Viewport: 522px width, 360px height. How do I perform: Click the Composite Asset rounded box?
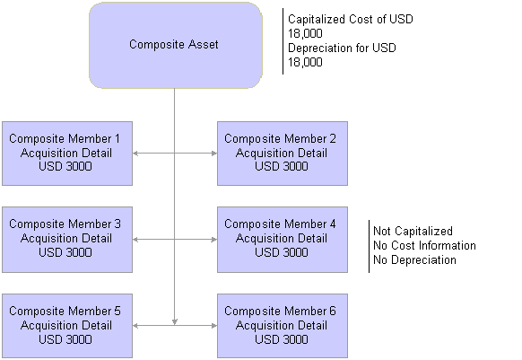(x=176, y=45)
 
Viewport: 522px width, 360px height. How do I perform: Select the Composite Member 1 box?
(x=67, y=154)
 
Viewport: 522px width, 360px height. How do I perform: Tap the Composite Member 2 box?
(x=283, y=154)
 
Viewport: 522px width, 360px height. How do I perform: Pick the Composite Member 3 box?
(x=67, y=240)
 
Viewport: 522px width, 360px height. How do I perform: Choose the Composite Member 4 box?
(x=283, y=240)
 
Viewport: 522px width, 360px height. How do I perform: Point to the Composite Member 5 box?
(x=67, y=326)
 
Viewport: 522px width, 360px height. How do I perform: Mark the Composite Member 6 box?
(x=283, y=326)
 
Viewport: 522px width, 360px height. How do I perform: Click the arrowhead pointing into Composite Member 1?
(x=135, y=154)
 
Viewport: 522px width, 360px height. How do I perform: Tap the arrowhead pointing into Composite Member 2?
(x=214, y=154)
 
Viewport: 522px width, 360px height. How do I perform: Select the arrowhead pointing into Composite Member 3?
(x=135, y=240)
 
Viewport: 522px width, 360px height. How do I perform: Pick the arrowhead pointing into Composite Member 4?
(x=214, y=240)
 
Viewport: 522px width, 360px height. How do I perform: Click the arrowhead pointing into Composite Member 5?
(x=135, y=325)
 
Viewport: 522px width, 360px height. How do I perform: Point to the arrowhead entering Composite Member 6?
(x=214, y=325)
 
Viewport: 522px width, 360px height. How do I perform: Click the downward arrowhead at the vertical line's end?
(x=174, y=322)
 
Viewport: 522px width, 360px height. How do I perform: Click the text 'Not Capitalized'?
(x=413, y=231)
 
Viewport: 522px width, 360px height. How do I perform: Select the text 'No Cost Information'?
(x=424, y=245)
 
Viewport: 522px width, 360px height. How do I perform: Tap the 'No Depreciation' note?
(x=414, y=259)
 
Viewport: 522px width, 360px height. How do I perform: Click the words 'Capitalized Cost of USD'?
(x=350, y=19)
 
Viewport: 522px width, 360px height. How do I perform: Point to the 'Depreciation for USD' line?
(x=342, y=48)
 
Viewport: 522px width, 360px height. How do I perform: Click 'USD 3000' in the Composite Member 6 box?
(x=282, y=339)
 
